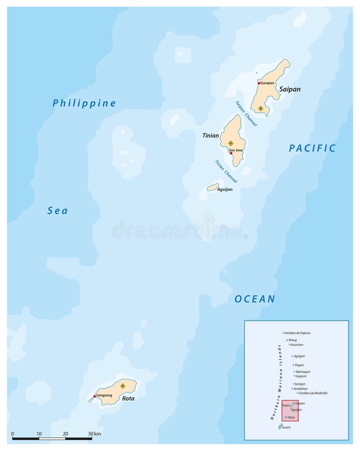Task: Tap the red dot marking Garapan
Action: tap(259, 83)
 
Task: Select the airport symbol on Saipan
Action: tap(260, 108)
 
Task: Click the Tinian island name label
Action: tap(210, 136)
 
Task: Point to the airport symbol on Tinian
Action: tap(231, 143)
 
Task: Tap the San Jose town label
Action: tap(235, 150)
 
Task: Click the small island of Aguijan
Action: tap(213, 187)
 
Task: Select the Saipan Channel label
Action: tap(246, 113)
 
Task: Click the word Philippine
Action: tap(84, 103)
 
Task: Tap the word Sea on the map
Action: tap(58, 211)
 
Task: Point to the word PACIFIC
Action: tap(312, 148)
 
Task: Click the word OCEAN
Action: tap(255, 299)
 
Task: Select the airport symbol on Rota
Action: tap(123, 386)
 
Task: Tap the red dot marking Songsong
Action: tap(94, 396)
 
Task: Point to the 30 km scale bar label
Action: tap(94, 433)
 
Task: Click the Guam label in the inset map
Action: tap(286, 427)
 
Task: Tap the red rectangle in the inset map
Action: tap(289, 410)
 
